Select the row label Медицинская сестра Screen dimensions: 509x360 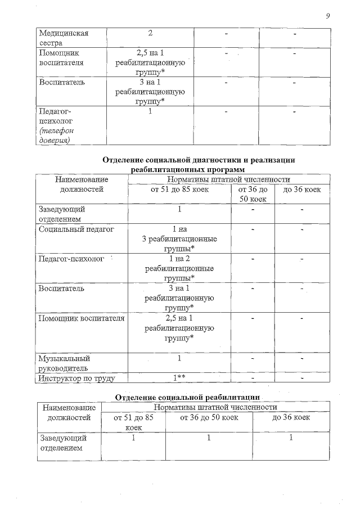55,38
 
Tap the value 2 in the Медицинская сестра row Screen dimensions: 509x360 150,33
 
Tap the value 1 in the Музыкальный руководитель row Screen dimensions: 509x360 179,358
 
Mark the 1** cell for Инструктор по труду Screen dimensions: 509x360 179,379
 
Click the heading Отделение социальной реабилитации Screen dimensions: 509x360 187,398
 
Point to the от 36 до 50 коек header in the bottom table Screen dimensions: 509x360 209,418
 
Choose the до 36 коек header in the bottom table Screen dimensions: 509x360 291,418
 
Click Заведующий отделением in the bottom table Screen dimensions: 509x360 62,443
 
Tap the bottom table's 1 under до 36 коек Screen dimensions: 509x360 291,438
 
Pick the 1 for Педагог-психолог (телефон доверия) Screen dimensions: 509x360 150,111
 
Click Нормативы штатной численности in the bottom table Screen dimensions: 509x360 215,407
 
